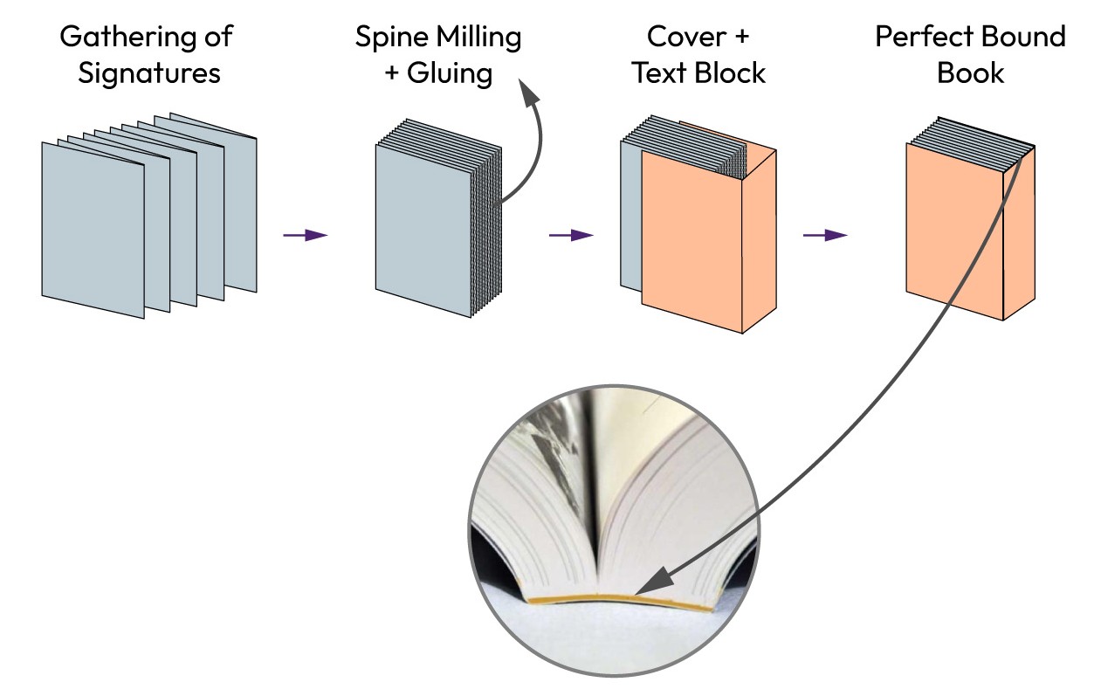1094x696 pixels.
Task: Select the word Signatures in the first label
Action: click(149, 73)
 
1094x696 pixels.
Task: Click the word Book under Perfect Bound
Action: click(970, 73)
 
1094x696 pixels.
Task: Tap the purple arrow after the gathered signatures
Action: click(305, 235)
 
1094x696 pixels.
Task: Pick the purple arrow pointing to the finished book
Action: click(825, 235)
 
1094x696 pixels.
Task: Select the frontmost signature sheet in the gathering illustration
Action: click(93, 231)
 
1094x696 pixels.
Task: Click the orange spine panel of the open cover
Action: click(757, 245)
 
